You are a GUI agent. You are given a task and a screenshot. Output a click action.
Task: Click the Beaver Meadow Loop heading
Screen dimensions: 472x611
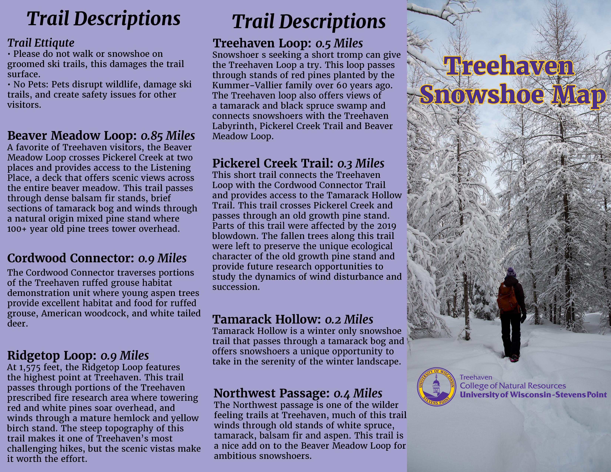(72, 136)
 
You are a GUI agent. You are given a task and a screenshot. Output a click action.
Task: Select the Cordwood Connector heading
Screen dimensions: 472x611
(71, 258)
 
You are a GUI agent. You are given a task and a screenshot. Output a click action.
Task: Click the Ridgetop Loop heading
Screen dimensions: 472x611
(52, 355)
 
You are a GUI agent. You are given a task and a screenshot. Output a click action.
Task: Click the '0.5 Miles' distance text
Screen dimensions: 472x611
(339, 43)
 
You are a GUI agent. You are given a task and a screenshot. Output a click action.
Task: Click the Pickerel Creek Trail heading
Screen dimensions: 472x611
(273, 163)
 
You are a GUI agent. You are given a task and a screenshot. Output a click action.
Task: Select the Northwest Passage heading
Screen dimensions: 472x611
(272, 393)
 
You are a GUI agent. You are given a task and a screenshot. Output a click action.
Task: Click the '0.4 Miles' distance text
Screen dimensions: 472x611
(358, 393)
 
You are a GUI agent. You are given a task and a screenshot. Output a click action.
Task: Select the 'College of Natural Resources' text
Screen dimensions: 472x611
(512, 386)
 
